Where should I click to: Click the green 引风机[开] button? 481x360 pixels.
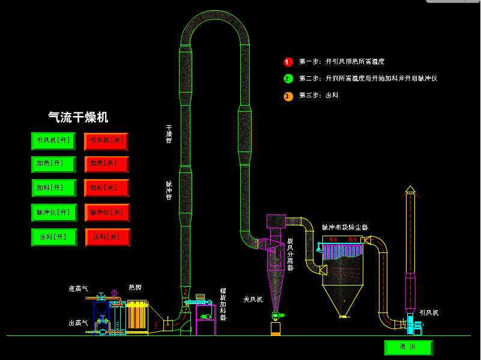53,141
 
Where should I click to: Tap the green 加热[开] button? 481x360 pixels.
53,164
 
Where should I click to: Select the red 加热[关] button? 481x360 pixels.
107,164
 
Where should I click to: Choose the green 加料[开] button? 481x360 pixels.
53,188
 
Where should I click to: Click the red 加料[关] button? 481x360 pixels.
107,188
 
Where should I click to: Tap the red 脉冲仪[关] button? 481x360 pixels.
107,212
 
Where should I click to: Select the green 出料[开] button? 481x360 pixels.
53,237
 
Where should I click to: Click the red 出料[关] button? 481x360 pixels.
107,237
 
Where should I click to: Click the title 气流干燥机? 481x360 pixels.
78,117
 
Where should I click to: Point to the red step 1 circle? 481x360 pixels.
288,61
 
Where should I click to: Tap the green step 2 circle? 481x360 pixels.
288,78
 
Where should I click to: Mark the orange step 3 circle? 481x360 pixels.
288,96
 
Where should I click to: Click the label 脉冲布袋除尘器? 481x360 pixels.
345,228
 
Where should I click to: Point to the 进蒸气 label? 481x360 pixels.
78,289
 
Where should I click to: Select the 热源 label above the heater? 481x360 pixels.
135,287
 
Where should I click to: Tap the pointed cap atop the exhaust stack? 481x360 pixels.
410,189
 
